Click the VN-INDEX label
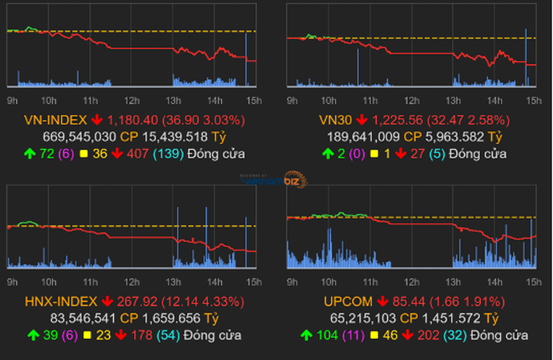click(x=54, y=120)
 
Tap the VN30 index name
click(x=334, y=120)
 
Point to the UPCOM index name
click(x=346, y=301)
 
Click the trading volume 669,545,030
click(x=79, y=136)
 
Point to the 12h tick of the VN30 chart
click(x=411, y=100)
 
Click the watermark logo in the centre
click(x=275, y=180)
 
